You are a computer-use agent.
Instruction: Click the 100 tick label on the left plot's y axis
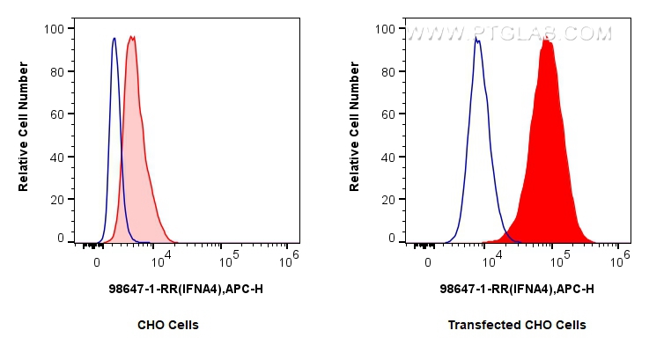coord(53,28)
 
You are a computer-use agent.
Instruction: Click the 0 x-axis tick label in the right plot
coord(428,262)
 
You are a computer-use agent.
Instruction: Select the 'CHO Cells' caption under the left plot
coord(167,325)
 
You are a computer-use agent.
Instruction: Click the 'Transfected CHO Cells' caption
coord(516,325)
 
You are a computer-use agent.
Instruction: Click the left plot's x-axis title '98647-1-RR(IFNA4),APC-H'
coord(185,289)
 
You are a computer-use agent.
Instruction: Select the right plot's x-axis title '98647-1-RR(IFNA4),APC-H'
coord(516,289)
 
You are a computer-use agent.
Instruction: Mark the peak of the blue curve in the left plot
coord(114,38)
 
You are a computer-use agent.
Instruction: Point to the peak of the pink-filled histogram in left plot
coord(131,37)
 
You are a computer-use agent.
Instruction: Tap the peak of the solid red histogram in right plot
coord(546,39)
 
